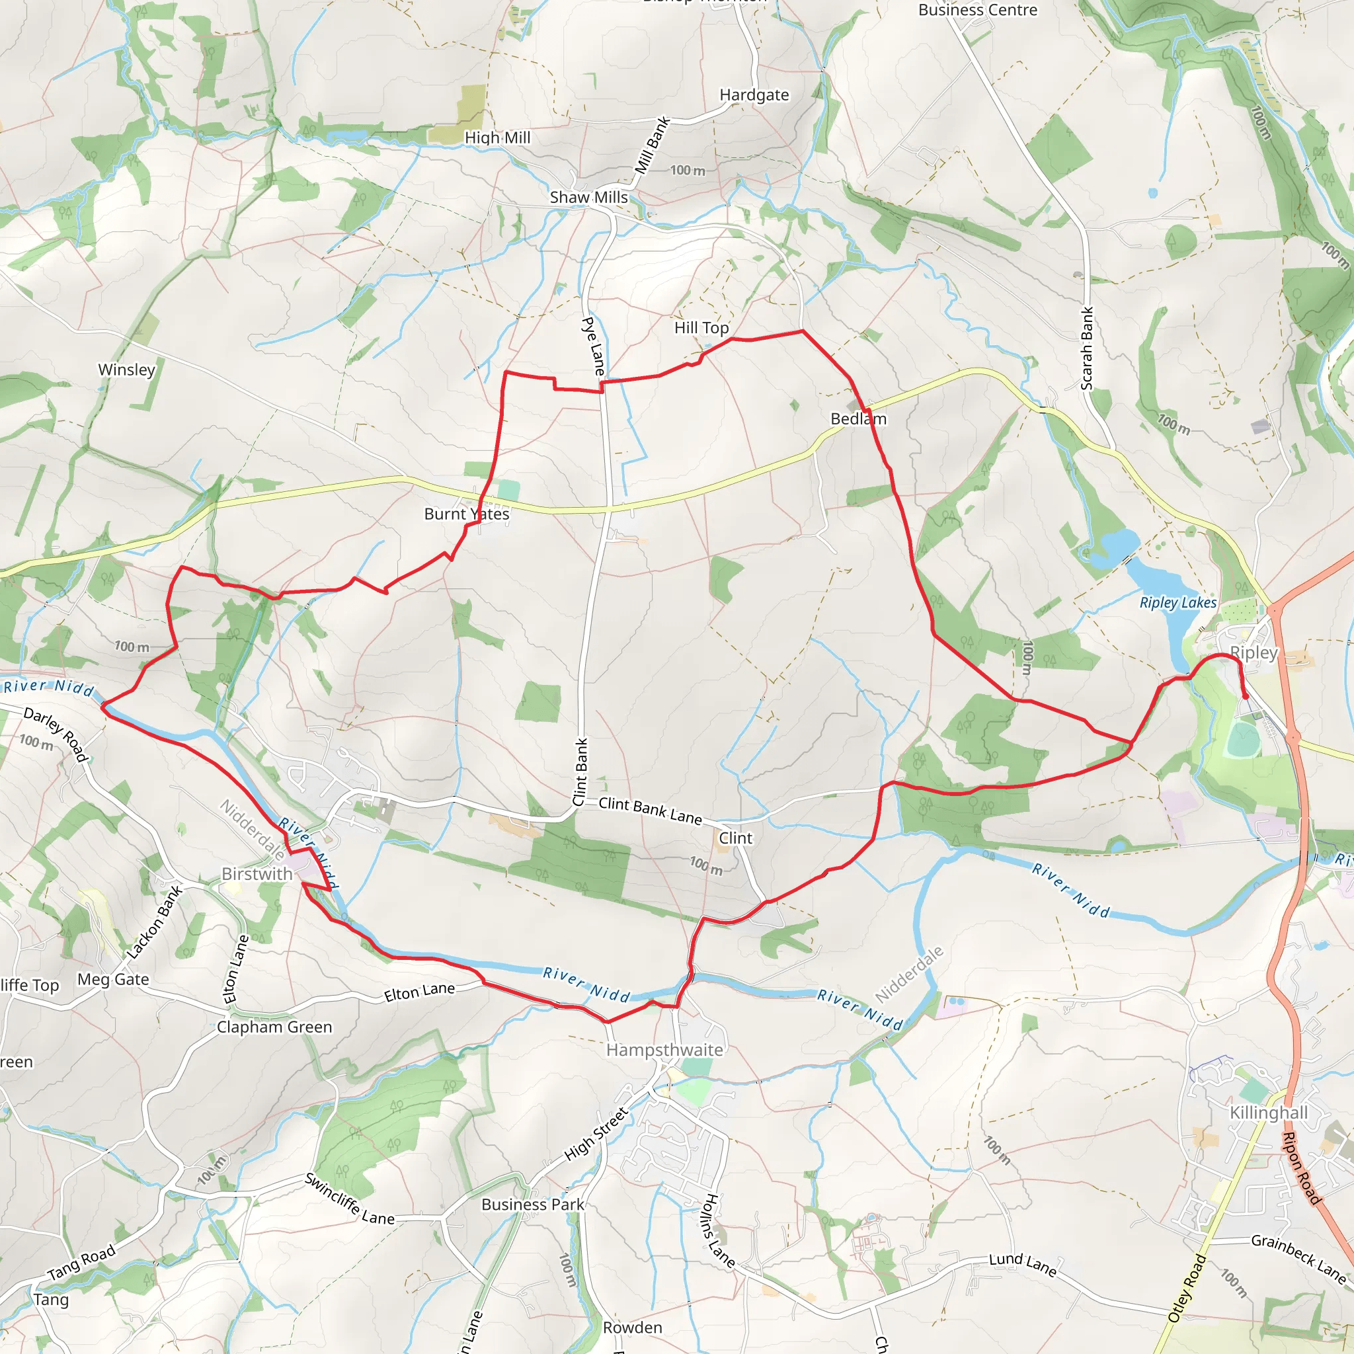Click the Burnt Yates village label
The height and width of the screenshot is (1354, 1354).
pyautogui.click(x=467, y=514)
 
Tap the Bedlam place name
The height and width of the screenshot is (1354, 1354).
pyautogui.click(x=859, y=418)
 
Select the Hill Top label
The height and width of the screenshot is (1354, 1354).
pyautogui.click(x=701, y=327)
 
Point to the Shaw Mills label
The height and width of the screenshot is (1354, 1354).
pyautogui.click(x=588, y=197)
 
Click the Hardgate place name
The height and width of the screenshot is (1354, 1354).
pyautogui.click(x=754, y=95)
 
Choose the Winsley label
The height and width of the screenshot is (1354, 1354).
pyautogui.click(x=127, y=370)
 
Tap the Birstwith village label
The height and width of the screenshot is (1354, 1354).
pyautogui.click(x=257, y=873)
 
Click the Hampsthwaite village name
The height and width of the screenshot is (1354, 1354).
pyautogui.click(x=664, y=1049)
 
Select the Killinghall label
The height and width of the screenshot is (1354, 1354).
pyautogui.click(x=1269, y=1112)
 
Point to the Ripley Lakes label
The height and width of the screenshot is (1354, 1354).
pyautogui.click(x=1178, y=602)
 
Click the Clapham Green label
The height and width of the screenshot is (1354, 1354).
pyautogui.click(x=274, y=1027)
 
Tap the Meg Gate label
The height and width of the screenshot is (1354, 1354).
pyautogui.click(x=114, y=979)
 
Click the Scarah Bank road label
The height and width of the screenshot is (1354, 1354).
pyautogui.click(x=1086, y=348)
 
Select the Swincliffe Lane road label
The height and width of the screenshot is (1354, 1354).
pyautogui.click(x=350, y=1199)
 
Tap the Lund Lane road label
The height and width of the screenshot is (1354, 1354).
pyautogui.click(x=1023, y=1263)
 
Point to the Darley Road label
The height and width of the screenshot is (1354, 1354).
pyautogui.click(x=56, y=733)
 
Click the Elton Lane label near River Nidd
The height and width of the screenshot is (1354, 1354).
pyautogui.click(x=419, y=992)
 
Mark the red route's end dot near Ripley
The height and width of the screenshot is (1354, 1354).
pyautogui.click(x=1246, y=696)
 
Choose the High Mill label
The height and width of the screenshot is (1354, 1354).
pyautogui.click(x=498, y=138)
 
